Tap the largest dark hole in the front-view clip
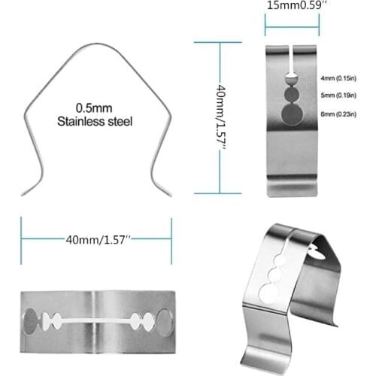pos(290,114)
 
